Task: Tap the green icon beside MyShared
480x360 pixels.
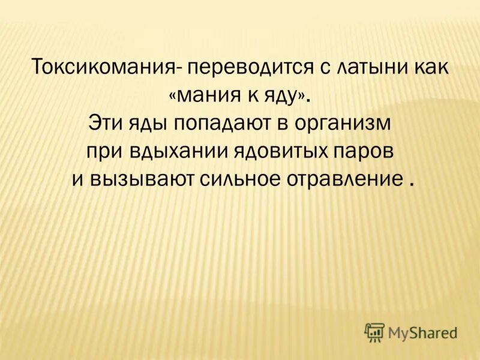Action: click(374, 332)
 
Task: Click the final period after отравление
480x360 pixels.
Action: click(412, 185)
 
